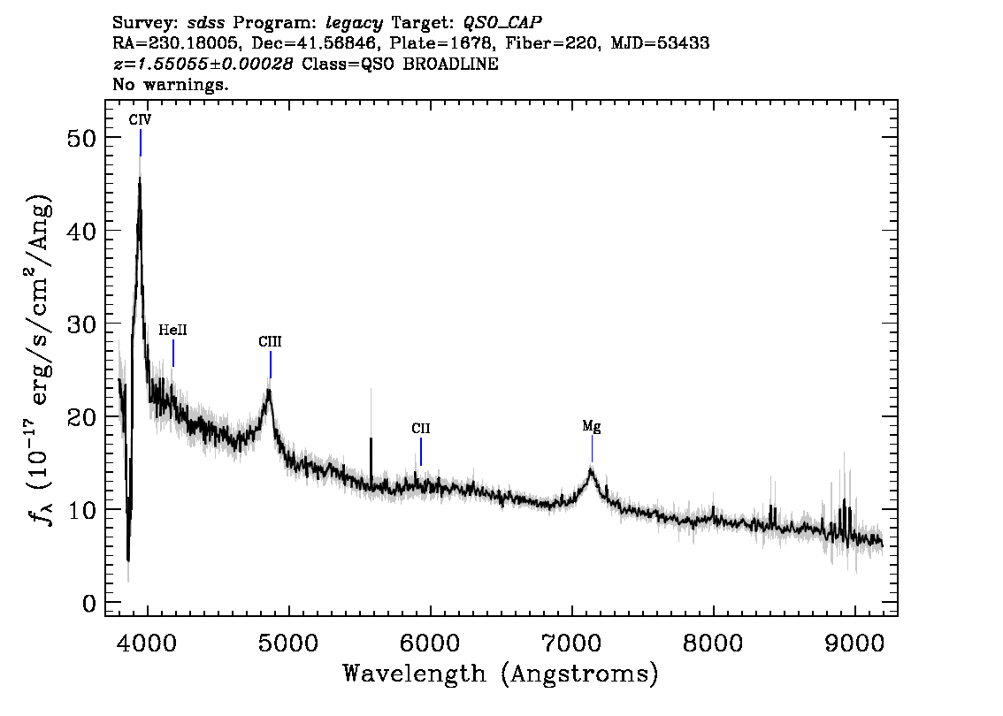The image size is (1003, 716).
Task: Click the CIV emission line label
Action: coord(140,121)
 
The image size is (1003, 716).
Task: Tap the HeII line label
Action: coord(172,330)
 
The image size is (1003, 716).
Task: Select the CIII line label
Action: coord(271,341)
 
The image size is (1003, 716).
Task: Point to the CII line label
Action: coord(421,429)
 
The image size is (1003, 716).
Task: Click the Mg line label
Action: coord(592,427)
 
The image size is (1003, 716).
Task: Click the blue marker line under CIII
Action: coord(271,364)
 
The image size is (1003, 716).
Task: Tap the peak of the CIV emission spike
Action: coord(140,178)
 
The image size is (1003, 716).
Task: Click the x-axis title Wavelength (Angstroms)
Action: coord(501,674)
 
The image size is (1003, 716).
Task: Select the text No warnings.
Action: coord(171,85)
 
